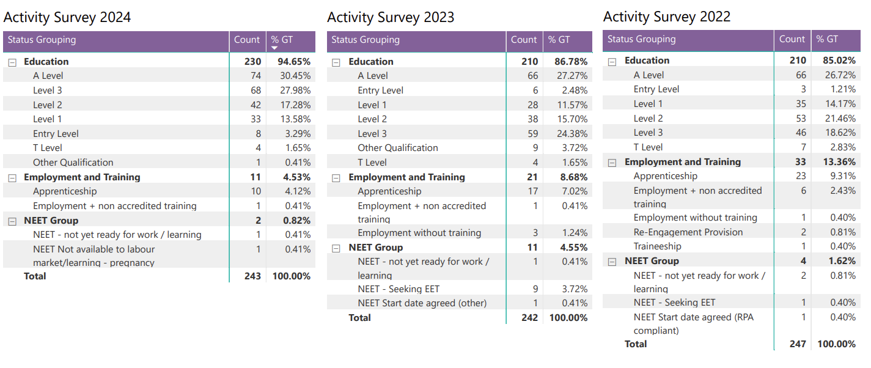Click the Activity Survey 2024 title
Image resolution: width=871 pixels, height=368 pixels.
67,17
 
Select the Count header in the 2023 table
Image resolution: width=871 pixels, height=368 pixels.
524,40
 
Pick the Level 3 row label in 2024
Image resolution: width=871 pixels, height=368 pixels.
48,90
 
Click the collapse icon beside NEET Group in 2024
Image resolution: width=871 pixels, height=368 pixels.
12,221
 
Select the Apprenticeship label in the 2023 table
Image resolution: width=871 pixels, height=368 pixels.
389,192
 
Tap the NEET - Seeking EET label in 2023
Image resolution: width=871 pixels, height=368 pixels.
399,289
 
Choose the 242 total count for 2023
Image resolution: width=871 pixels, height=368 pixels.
529,318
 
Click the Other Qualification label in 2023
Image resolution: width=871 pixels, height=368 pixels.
398,148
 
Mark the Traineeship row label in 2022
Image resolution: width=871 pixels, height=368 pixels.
657,246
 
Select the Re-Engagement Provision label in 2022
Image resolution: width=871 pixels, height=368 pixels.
688,232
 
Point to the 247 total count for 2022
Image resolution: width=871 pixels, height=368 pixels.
797,344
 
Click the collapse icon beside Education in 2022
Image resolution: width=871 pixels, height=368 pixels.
612,61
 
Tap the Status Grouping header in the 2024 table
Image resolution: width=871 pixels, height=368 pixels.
42,40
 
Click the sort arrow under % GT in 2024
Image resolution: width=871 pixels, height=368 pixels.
274,48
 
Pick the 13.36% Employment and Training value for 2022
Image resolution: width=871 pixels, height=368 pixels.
837,162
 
